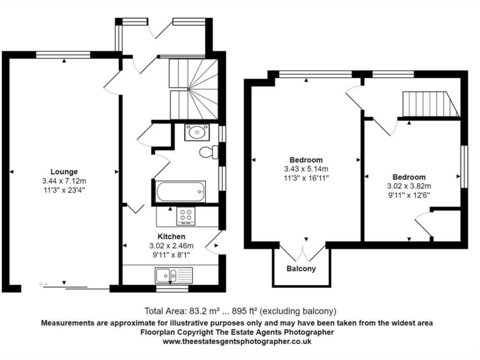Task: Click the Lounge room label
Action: point(64,172)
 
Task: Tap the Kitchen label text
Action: point(172,236)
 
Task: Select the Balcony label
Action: point(301,268)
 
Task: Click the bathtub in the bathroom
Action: point(181,191)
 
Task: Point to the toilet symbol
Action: point(208,152)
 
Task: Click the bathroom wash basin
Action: point(197,132)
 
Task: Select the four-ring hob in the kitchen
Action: point(186,216)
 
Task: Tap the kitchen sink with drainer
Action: point(173,275)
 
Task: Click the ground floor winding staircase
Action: point(193,89)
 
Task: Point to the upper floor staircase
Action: point(430,104)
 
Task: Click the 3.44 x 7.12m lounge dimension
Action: point(64,181)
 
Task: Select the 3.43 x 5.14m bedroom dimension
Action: point(306,169)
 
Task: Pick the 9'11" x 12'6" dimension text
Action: point(409,195)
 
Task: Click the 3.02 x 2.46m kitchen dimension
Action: point(172,245)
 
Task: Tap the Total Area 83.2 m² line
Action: point(241,311)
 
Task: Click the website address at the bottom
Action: point(237,341)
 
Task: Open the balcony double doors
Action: point(302,253)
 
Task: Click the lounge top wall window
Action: point(64,55)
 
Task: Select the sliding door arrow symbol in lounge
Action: point(43,284)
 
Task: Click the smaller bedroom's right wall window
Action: point(464,167)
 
